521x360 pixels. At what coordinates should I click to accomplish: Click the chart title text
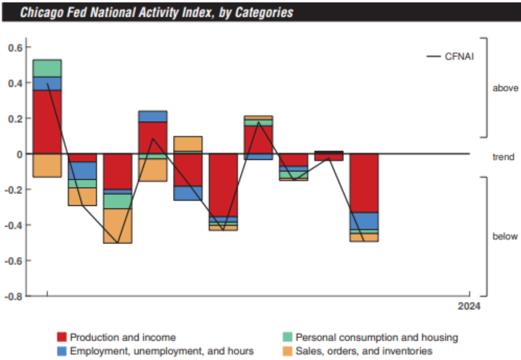[x=156, y=12]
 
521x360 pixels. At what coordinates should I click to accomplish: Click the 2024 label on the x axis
[x=469, y=306]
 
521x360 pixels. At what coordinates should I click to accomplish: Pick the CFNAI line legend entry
[x=450, y=56]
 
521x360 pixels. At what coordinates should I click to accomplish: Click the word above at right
[x=505, y=88]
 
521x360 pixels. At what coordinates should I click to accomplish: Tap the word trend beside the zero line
[x=503, y=157]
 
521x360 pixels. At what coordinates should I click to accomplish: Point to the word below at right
[x=505, y=236]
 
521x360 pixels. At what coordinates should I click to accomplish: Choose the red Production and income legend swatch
[x=62, y=337]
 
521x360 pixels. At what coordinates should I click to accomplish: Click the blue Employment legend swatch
[x=62, y=351]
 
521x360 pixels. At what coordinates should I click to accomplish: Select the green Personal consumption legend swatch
[x=287, y=337]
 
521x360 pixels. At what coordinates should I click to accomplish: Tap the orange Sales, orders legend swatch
[x=287, y=351]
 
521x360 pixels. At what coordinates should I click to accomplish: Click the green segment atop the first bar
[x=47, y=68]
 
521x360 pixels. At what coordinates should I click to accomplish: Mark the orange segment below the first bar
[x=47, y=166]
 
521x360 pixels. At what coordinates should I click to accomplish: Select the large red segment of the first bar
[x=47, y=122]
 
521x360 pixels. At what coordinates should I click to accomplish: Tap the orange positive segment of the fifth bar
[x=188, y=144]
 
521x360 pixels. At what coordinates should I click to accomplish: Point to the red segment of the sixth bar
[x=223, y=185]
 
